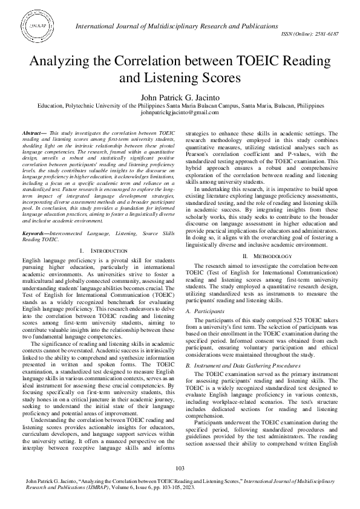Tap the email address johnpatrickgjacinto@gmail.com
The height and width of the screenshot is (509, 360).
[179, 113]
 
